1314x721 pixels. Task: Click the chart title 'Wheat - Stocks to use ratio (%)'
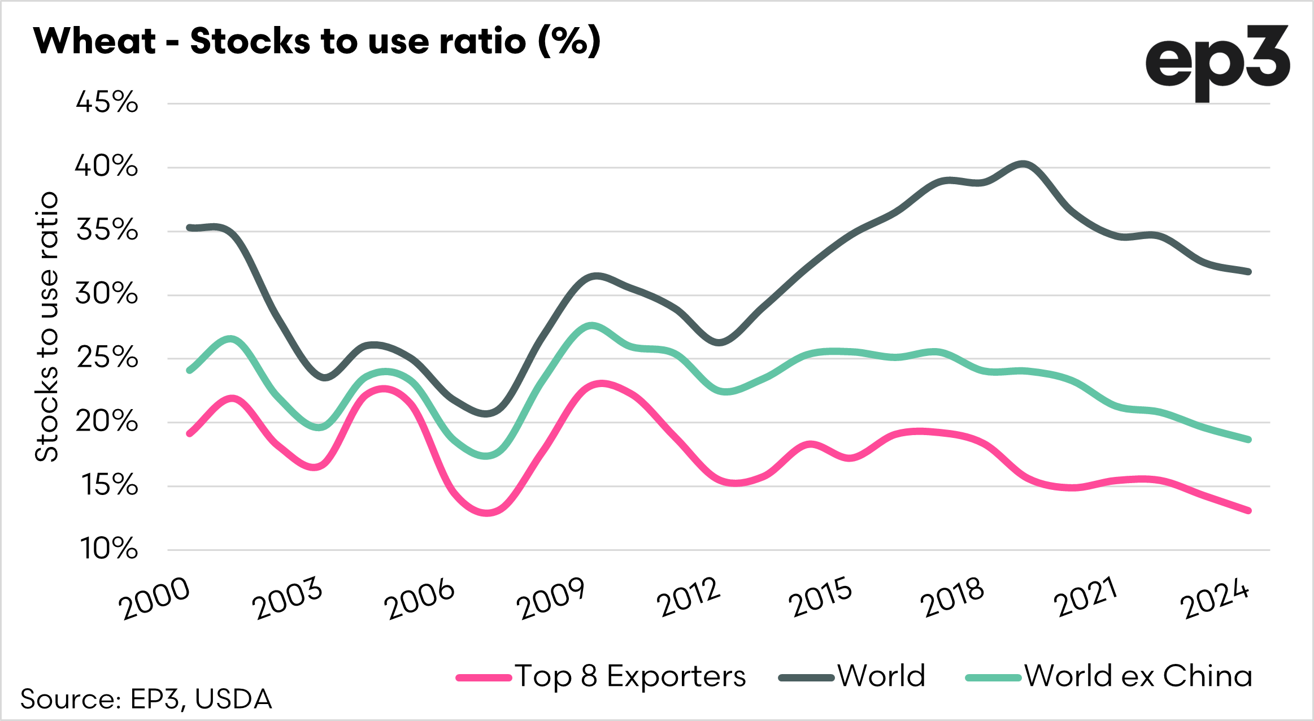click(317, 41)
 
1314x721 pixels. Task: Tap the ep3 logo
click(1217, 63)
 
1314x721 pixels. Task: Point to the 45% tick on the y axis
click(107, 103)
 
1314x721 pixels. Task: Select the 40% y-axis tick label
click(107, 167)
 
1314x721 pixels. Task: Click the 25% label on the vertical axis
click(107, 358)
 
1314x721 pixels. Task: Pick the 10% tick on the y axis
click(108, 549)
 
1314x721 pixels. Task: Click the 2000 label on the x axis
click(154, 599)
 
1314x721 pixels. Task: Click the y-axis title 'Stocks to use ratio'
click(46, 327)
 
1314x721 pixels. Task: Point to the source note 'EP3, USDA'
click(146, 700)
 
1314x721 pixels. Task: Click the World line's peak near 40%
click(1023, 164)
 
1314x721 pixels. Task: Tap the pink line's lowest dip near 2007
click(487, 512)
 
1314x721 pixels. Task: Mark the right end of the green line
click(1248, 440)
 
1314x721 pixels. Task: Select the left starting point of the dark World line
click(189, 228)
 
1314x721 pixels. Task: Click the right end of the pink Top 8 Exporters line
click(1248, 511)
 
